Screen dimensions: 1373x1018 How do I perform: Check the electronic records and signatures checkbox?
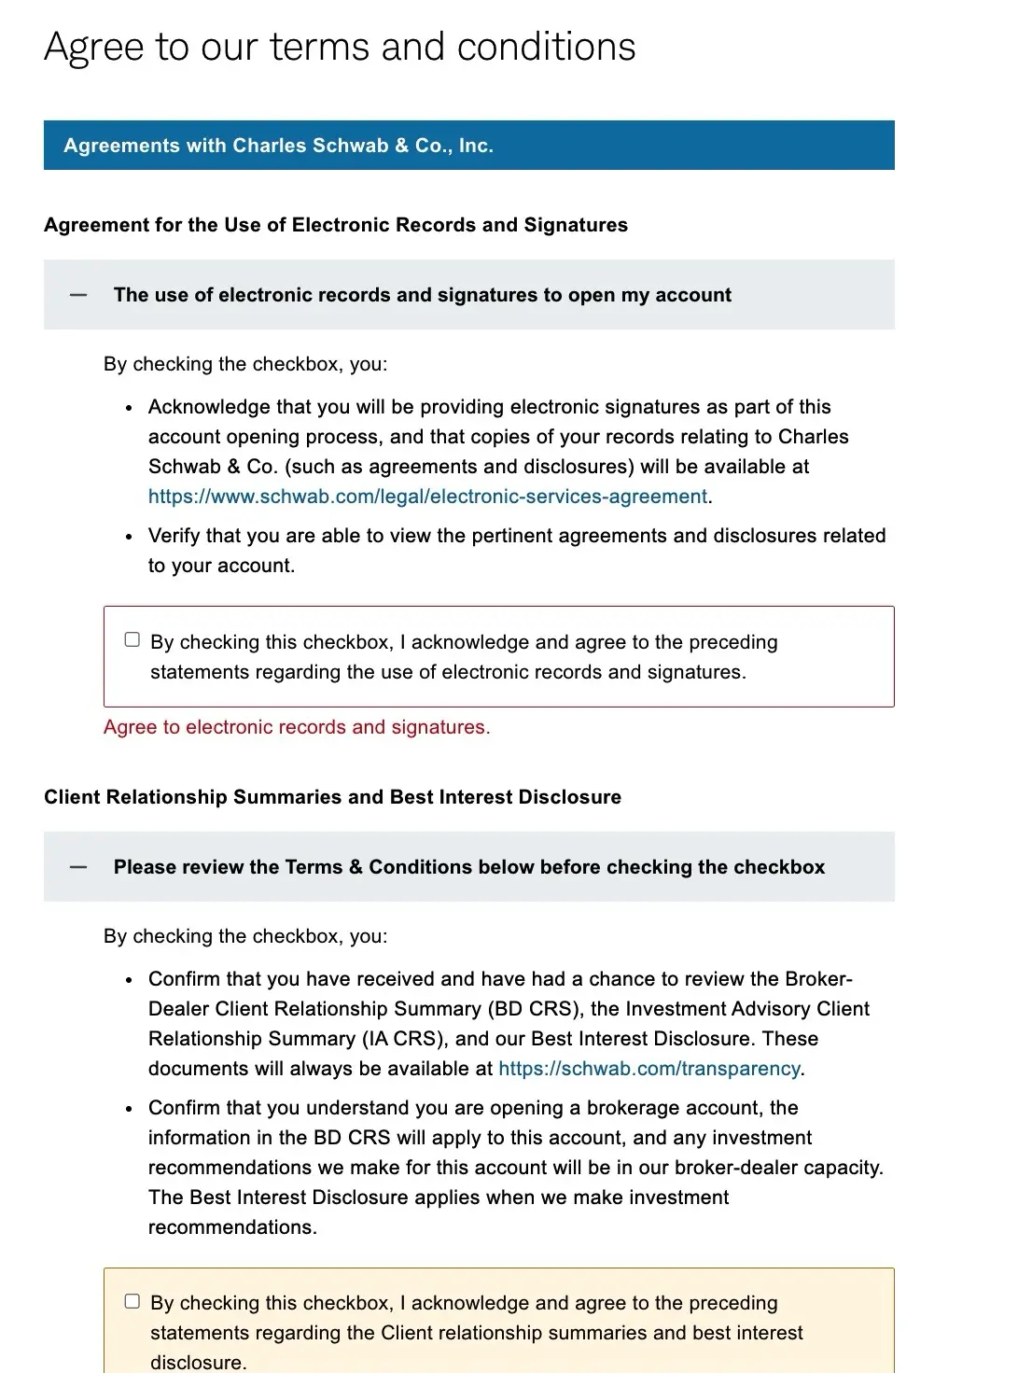click(x=132, y=640)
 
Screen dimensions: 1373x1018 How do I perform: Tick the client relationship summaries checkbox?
click(x=132, y=1301)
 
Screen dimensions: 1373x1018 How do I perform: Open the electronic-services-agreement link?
click(x=427, y=497)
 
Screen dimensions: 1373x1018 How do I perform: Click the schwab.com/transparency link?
click(x=648, y=1069)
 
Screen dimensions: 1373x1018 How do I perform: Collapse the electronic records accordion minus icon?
click(x=78, y=295)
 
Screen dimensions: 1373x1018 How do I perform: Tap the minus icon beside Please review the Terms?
click(x=78, y=867)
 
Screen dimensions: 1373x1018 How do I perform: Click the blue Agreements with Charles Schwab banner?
click(x=468, y=146)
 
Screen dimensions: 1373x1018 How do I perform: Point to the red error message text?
click(x=296, y=727)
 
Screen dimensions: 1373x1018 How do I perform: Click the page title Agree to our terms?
click(x=340, y=47)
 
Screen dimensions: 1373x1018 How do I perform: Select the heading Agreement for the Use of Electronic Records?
click(x=336, y=225)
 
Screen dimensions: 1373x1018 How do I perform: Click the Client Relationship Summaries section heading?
click(x=332, y=797)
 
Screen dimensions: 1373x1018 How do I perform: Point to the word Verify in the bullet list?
click(x=174, y=536)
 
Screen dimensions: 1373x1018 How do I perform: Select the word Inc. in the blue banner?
click(x=476, y=146)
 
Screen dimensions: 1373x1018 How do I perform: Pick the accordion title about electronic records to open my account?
click(x=422, y=295)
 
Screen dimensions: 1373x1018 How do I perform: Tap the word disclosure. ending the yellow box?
click(x=198, y=1363)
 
